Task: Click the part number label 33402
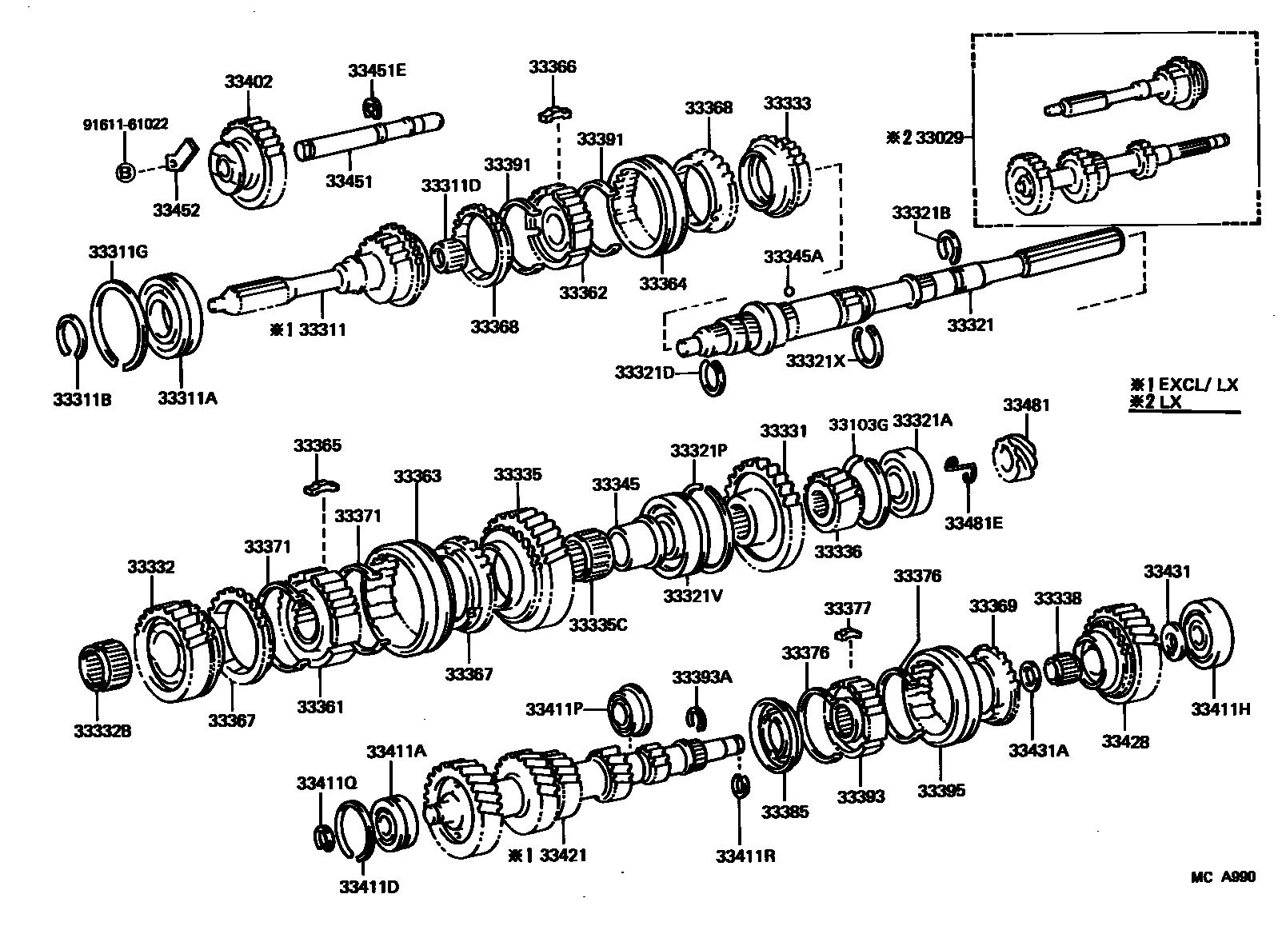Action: (248, 82)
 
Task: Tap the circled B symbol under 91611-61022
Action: (125, 170)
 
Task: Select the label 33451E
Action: (377, 70)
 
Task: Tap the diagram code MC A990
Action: (1223, 877)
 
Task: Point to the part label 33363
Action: (417, 477)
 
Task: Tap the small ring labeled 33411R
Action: (741, 785)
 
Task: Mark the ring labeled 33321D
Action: (713, 377)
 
